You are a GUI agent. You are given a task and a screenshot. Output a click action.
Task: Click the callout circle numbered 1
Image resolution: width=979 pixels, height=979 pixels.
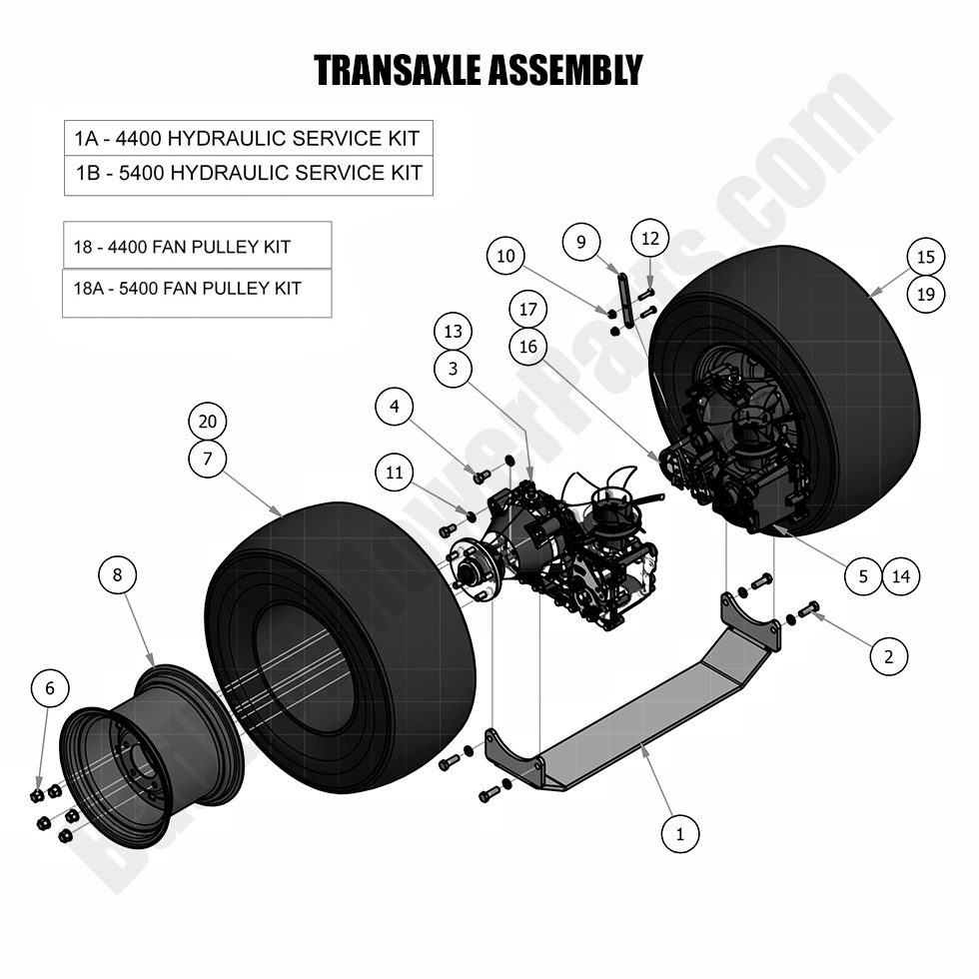680,833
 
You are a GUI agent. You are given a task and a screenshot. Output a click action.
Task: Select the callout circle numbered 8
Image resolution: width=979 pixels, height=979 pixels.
117,574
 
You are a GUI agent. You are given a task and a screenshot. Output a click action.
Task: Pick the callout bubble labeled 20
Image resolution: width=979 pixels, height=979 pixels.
207,421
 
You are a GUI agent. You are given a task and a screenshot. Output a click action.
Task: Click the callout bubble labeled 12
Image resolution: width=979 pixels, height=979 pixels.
650,239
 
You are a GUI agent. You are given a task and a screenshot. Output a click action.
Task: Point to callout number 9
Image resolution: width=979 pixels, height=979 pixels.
581,241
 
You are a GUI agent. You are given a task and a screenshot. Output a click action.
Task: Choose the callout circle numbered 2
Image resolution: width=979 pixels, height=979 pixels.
888,656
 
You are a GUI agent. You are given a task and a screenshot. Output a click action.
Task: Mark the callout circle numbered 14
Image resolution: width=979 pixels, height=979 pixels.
901,575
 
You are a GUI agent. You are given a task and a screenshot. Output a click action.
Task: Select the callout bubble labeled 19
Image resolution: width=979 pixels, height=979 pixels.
926,295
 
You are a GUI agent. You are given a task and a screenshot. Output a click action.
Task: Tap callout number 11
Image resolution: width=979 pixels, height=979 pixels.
395,473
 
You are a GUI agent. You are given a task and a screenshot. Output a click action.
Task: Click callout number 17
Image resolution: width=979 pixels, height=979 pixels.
528,309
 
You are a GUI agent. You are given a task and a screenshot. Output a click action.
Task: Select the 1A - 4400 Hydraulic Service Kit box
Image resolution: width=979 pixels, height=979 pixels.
248,137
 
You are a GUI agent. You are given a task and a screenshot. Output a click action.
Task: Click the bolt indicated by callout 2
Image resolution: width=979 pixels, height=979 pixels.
808,608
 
